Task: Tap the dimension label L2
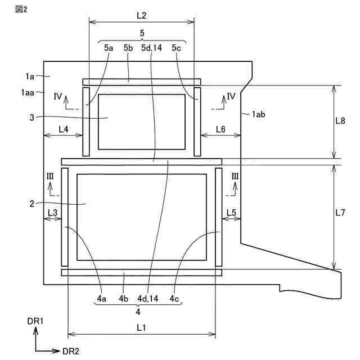click(141, 15)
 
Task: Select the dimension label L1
click(141, 327)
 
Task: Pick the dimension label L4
click(63, 129)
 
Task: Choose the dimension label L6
click(220, 129)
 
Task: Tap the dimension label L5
click(231, 212)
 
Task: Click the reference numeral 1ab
click(258, 114)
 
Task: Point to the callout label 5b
click(128, 48)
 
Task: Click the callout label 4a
click(102, 299)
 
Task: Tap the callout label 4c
click(175, 299)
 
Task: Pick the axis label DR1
click(35, 321)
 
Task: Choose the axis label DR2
click(71, 351)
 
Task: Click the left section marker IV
click(58, 96)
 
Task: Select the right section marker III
click(235, 176)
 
